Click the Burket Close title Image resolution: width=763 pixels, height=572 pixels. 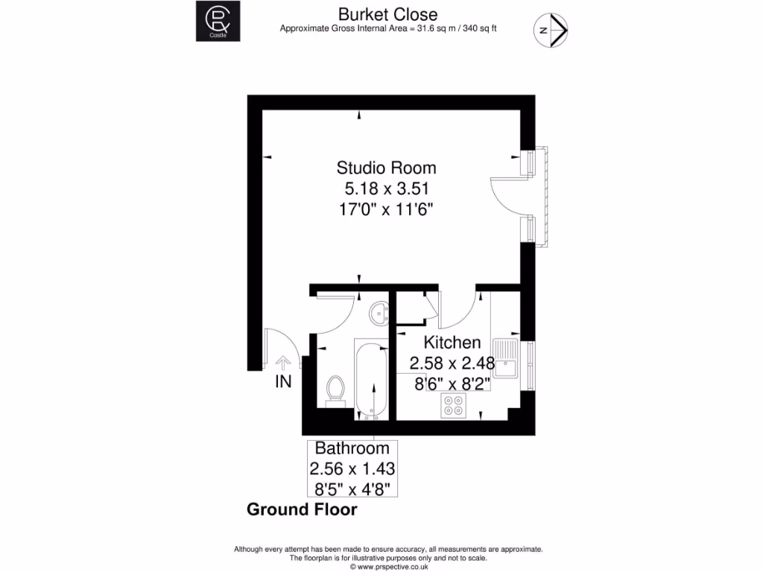click(x=388, y=14)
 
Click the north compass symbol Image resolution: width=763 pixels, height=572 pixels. click(x=552, y=31)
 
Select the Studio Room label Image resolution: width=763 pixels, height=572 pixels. click(x=386, y=167)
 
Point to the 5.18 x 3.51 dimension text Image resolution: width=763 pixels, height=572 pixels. click(x=386, y=188)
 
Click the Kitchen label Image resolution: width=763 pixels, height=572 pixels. click(x=452, y=343)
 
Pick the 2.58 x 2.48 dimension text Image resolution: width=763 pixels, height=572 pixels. click(x=452, y=363)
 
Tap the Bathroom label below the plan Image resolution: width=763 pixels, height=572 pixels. click(x=352, y=448)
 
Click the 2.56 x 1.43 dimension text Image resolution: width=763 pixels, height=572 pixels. click(x=352, y=469)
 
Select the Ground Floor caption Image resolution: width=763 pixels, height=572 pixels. click(x=302, y=510)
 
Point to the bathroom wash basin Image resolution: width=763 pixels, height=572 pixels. click(x=380, y=312)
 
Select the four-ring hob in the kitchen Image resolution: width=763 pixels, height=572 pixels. click(x=452, y=406)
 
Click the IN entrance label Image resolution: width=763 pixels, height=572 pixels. click(x=283, y=382)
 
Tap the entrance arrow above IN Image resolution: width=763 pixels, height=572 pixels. click(x=283, y=362)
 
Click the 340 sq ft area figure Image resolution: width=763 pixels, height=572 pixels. click(x=481, y=29)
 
